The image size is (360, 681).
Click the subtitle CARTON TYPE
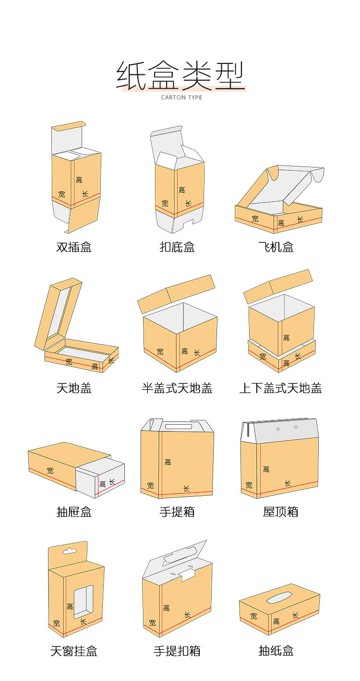[x=181, y=97]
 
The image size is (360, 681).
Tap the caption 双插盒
[x=74, y=247]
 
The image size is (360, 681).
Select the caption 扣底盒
[x=177, y=247]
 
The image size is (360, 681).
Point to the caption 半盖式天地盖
[x=177, y=388]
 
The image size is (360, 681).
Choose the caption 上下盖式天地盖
[x=280, y=388]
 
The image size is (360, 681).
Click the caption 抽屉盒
[x=74, y=512]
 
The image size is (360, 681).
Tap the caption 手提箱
[x=177, y=512]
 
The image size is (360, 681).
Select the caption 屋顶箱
[x=280, y=512]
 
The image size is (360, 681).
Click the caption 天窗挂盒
[x=74, y=651]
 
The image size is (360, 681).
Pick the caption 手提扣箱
[x=177, y=651]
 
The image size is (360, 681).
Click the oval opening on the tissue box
[x=279, y=597]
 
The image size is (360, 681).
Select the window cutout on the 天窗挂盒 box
[x=83, y=601]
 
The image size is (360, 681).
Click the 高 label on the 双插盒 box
[x=79, y=180]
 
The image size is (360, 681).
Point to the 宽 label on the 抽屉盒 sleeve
[x=50, y=471]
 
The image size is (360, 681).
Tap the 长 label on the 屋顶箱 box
[x=288, y=483]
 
